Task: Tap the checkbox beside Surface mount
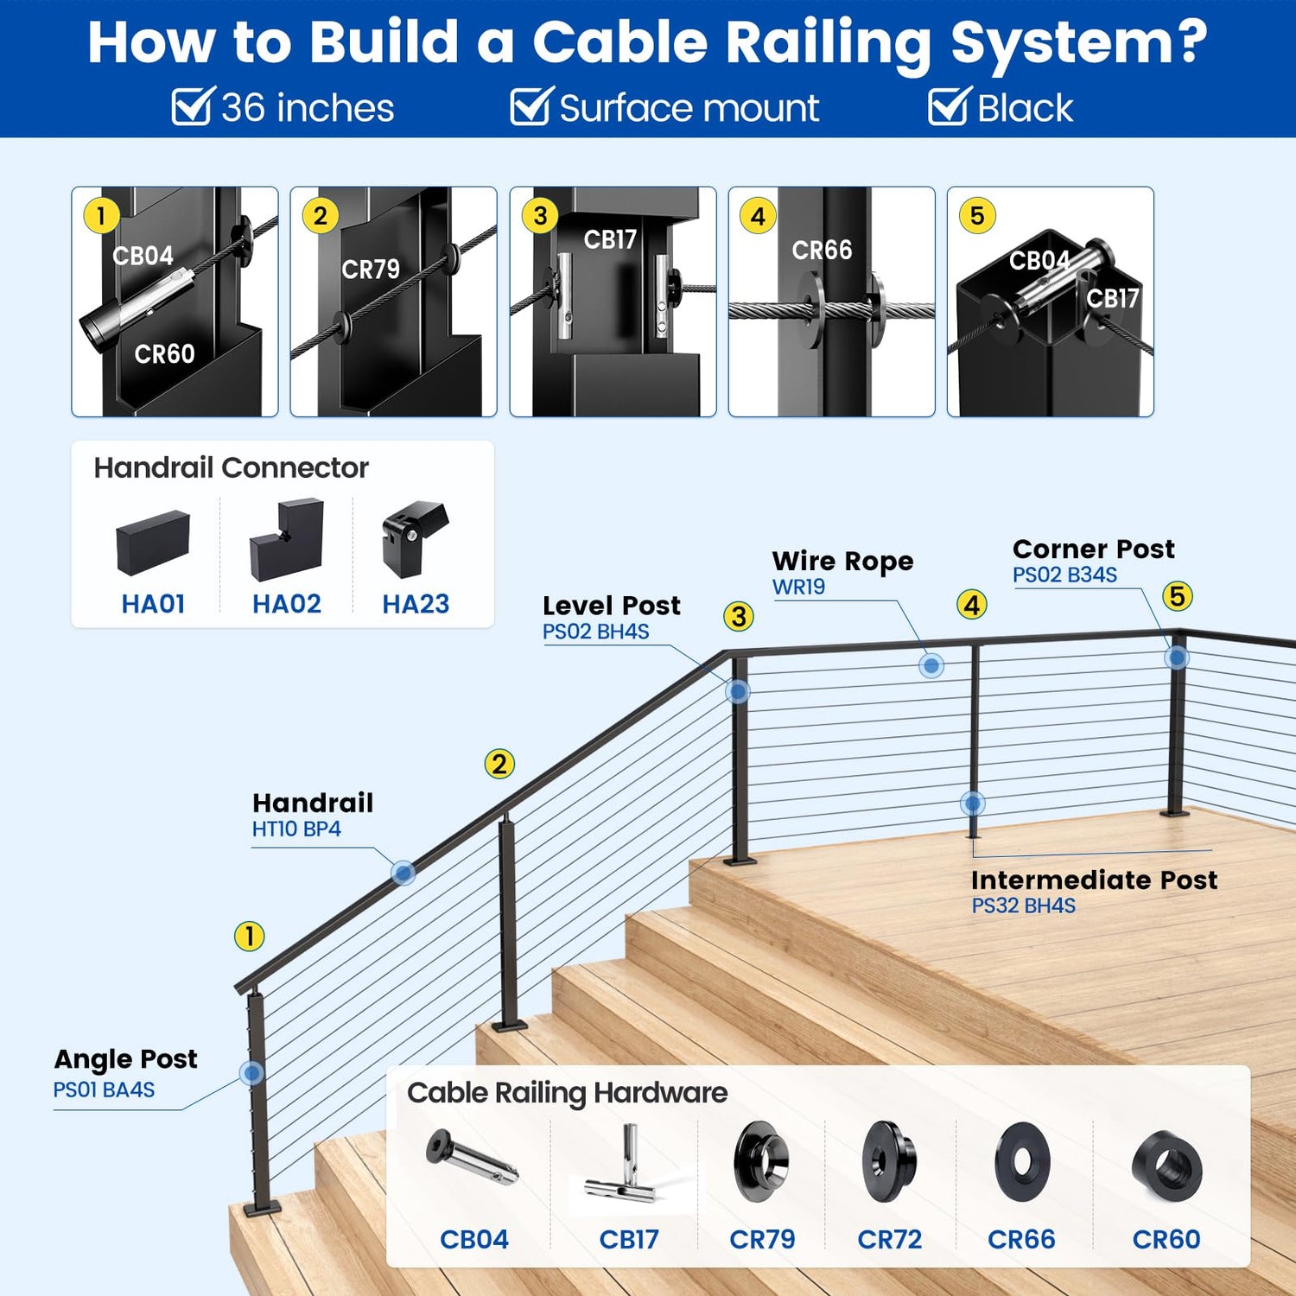(x=529, y=108)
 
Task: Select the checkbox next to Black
(x=948, y=108)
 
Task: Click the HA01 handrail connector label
(x=153, y=604)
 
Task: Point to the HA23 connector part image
(x=415, y=539)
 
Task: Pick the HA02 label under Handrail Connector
(x=286, y=604)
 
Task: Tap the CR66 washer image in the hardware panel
(x=1022, y=1163)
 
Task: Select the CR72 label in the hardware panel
(x=889, y=1239)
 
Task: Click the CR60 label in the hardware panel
(x=1166, y=1239)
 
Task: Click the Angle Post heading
(x=125, y=1059)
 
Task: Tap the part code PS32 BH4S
(x=1023, y=905)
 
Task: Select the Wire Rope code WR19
(x=798, y=587)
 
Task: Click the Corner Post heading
(x=1093, y=549)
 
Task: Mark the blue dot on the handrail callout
(x=403, y=873)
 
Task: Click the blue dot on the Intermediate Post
(x=972, y=804)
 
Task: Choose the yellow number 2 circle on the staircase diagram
(x=499, y=764)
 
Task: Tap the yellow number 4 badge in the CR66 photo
(x=758, y=216)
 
